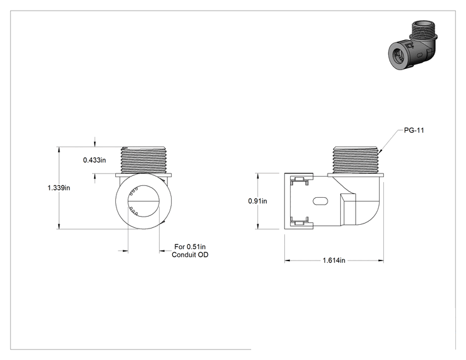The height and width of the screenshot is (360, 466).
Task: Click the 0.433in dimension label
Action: pyautogui.click(x=95, y=160)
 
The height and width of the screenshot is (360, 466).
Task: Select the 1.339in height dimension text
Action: pyautogui.click(x=59, y=188)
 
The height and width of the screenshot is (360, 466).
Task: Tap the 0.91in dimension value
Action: pyautogui.click(x=257, y=201)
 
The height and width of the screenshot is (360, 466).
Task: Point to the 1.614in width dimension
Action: pyautogui.click(x=334, y=260)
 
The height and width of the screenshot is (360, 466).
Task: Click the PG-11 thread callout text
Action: pyautogui.click(x=414, y=130)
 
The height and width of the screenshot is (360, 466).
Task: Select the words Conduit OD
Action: pyautogui.click(x=190, y=255)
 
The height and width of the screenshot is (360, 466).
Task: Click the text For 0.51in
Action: pyautogui.click(x=190, y=247)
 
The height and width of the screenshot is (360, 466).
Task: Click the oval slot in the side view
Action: pyautogui.click(x=321, y=201)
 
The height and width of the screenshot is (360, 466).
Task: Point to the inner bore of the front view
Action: pyautogui.click(x=143, y=201)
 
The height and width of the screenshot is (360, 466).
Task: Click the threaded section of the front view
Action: pyautogui.click(x=143, y=160)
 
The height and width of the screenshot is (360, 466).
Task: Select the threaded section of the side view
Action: pyautogui.click(x=355, y=160)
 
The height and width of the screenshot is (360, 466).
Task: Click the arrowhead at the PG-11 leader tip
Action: pyautogui.click(x=380, y=152)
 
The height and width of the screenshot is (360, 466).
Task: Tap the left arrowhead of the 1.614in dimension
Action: pyautogui.click(x=287, y=261)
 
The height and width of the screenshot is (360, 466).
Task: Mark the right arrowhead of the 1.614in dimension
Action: pyautogui.click(x=381, y=261)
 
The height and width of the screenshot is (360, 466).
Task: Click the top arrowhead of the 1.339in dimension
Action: pyautogui.click(x=59, y=150)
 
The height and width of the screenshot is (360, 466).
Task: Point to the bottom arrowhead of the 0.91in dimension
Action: pyautogui.click(x=257, y=227)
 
